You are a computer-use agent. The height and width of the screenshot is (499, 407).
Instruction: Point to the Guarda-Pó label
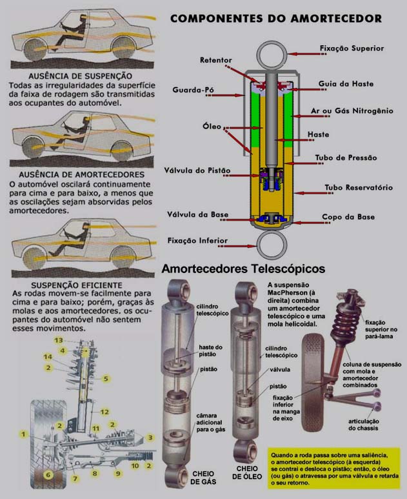193,90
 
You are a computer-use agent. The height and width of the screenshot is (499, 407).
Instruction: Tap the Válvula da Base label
196,214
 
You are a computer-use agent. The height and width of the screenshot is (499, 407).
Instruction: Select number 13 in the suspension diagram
58,340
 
